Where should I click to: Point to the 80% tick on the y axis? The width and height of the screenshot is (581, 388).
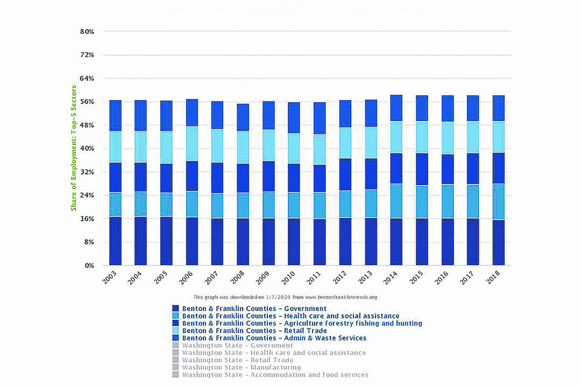coord(87,32)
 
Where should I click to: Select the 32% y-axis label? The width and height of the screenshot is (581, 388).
coord(87,172)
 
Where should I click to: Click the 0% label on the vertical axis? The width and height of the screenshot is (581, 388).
coord(89,266)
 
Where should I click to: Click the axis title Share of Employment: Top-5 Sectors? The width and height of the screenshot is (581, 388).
coord(74,149)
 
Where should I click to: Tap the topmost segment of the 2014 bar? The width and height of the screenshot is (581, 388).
coord(396,108)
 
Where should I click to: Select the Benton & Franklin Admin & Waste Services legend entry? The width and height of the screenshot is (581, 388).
coord(274,338)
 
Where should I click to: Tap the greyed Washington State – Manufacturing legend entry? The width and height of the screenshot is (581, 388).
coord(241,367)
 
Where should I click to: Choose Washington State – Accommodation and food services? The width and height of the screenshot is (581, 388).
coord(275,375)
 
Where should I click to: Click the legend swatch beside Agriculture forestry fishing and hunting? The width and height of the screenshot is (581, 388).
coord(175,323)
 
